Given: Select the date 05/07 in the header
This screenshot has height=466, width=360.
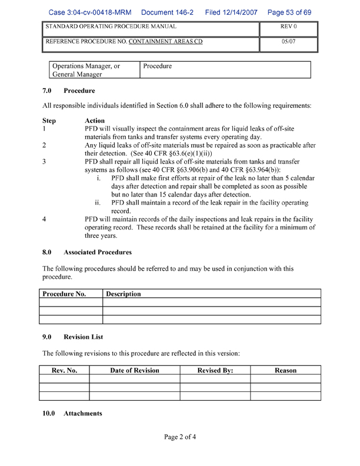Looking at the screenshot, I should pos(288,42).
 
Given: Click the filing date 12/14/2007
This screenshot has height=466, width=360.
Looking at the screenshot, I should pos(231,12).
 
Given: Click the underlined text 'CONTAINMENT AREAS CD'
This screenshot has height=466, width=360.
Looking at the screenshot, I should pos(165,42).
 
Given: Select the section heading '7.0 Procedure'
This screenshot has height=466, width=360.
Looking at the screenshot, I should pos(68,91).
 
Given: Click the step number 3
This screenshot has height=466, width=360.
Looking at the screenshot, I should pos(45,161).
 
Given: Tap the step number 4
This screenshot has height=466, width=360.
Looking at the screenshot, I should pos(45,219).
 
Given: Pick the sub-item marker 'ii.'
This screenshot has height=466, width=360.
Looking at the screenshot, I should pos(98,203).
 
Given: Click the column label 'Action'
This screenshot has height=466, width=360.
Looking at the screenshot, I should pos(95,121).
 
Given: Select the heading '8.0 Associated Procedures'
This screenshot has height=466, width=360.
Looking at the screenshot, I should pos(86,252).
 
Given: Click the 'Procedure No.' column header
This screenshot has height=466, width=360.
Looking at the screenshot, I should pos(64,294).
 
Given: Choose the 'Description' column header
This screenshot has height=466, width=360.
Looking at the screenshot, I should pos(124,294).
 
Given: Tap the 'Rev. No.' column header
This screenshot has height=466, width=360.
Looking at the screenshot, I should pos(64,370).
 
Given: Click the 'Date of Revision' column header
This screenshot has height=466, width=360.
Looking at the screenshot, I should pos(135,370).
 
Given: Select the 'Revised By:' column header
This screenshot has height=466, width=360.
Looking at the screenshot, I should pos(215,370).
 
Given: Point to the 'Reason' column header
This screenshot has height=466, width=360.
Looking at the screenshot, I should pos(285,370).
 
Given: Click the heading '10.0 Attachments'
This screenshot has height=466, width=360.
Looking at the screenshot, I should pos(72,414).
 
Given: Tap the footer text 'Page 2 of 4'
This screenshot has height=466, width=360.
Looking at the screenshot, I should pos(180,437).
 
